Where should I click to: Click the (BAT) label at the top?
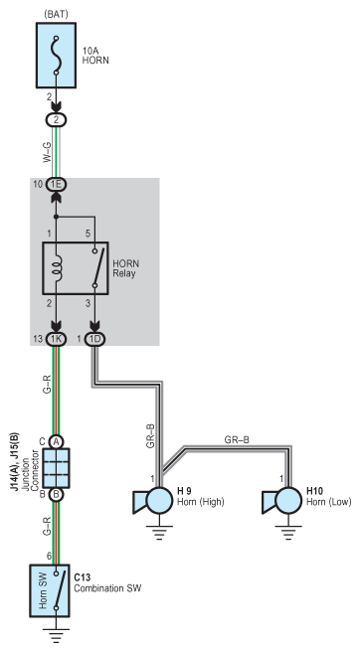(x=56, y=14)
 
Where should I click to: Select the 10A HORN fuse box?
(x=56, y=56)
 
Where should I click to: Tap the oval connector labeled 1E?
(x=56, y=184)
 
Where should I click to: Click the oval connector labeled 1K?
(x=56, y=339)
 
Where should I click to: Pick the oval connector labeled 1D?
(x=94, y=339)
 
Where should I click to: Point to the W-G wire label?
(x=47, y=152)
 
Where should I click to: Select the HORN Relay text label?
(x=125, y=268)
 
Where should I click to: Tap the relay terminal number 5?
(x=88, y=234)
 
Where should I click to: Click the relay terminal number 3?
(x=88, y=304)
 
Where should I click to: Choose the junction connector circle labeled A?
(x=56, y=441)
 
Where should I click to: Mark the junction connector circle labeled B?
(x=56, y=495)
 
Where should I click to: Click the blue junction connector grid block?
(x=56, y=468)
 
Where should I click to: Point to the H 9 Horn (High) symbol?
(x=153, y=501)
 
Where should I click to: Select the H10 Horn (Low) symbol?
(x=281, y=501)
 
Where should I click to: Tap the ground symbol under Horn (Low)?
(x=288, y=533)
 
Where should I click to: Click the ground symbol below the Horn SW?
(x=56, y=635)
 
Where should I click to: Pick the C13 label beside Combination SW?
(x=83, y=577)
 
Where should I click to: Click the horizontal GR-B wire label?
(x=237, y=439)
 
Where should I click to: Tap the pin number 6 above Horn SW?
(x=49, y=557)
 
